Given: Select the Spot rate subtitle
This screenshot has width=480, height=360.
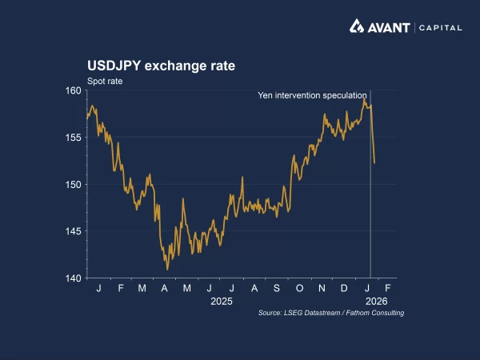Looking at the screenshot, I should click(x=104, y=81).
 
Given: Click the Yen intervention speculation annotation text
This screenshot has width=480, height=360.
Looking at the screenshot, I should click(x=312, y=95).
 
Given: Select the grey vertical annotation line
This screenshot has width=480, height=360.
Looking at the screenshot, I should click(x=370, y=200).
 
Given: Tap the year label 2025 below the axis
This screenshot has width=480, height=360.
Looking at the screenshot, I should click(x=221, y=302).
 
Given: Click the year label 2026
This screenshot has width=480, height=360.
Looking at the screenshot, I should click(x=377, y=302).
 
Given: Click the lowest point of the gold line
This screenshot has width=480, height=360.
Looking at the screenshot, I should click(x=168, y=270).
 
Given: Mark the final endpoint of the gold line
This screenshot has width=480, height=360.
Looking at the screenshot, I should click(x=374, y=163).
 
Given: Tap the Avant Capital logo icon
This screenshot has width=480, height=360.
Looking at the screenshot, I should click(x=358, y=26).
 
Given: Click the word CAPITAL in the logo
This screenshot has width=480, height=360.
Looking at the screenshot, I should click(x=439, y=27).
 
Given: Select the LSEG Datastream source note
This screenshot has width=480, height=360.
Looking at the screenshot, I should click(x=331, y=313).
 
